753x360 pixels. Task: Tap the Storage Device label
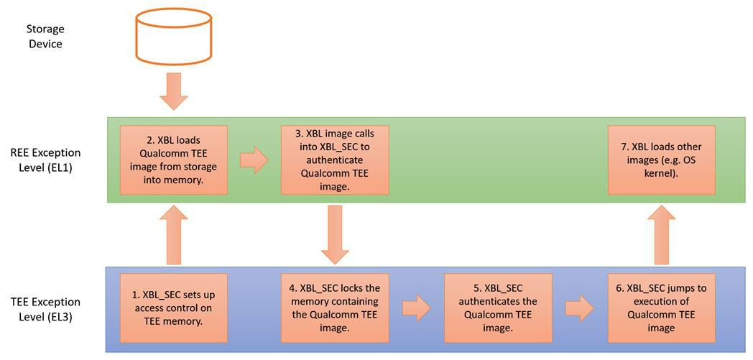(45, 37)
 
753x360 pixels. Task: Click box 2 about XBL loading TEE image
(173, 160)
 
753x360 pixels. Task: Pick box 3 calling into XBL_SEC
(335, 160)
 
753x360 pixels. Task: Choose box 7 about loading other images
(661, 160)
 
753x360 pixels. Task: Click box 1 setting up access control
(173, 308)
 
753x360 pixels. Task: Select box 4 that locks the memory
(335, 308)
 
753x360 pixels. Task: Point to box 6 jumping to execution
(661, 308)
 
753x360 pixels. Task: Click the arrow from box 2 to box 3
(254, 160)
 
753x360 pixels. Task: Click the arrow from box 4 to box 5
(416, 308)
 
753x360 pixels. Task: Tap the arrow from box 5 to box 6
(579, 308)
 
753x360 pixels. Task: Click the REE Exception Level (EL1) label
(45, 160)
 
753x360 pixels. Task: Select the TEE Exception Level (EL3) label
(45, 308)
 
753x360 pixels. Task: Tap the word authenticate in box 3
(335, 160)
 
